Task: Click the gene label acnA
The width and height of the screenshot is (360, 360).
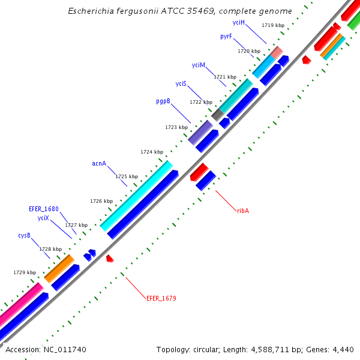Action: (x=99, y=163)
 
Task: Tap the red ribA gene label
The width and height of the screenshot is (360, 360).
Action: (x=243, y=211)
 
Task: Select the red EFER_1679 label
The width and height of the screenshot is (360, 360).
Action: (x=161, y=298)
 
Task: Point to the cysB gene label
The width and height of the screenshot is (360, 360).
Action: (x=24, y=235)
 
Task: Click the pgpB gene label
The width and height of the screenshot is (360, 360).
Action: (x=163, y=101)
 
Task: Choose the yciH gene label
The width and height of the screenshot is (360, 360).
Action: (x=239, y=22)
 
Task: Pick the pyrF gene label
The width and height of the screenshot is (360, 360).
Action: (x=226, y=37)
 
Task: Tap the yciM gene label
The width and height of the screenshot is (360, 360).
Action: (x=199, y=65)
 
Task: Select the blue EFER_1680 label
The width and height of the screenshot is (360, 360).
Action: (x=44, y=209)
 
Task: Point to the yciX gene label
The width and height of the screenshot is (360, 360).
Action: (x=43, y=218)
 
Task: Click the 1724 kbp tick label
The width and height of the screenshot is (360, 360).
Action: (x=152, y=152)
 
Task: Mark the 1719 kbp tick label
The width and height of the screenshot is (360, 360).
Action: (x=273, y=25)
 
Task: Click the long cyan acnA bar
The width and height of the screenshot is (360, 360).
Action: (x=137, y=195)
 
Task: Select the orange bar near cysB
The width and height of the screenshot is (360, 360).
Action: (x=59, y=268)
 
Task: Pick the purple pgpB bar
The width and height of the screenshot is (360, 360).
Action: (x=200, y=132)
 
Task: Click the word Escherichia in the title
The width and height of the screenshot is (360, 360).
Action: (x=88, y=11)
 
